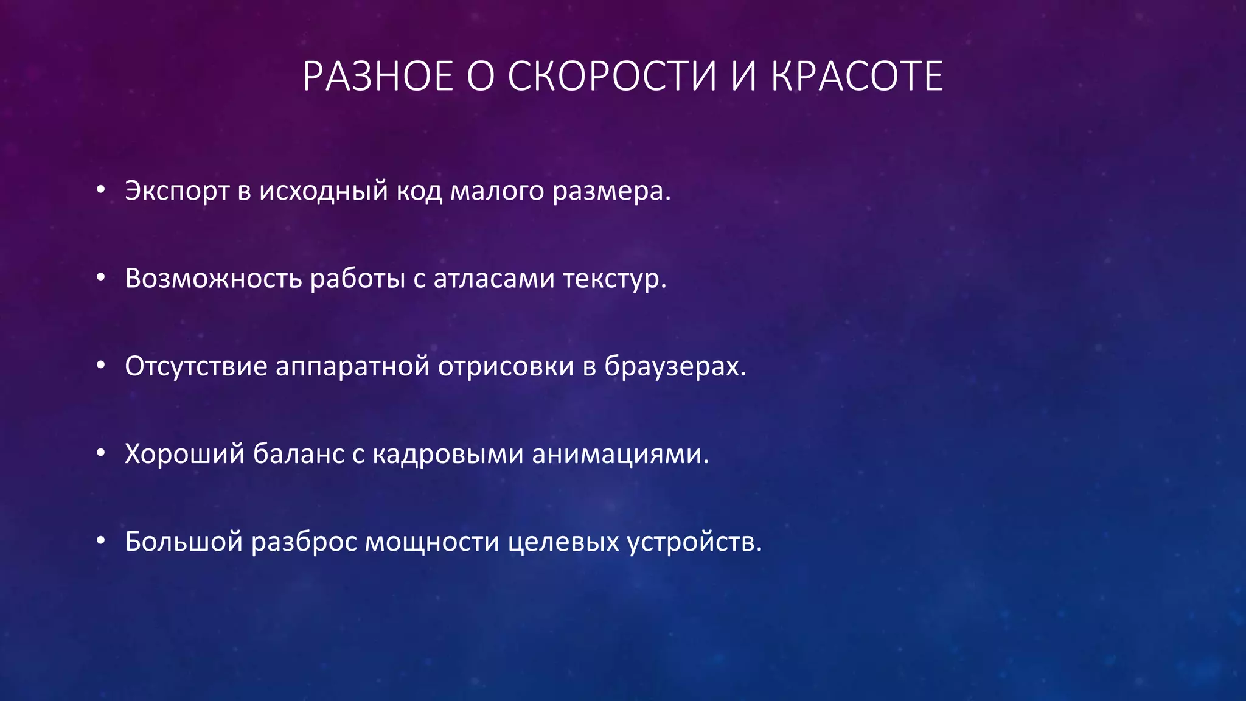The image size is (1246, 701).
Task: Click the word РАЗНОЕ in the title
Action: click(378, 77)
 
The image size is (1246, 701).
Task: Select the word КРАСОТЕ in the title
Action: click(857, 77)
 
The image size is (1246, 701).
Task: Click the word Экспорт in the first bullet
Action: click(177, 192)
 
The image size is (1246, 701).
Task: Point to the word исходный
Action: click(324, 192)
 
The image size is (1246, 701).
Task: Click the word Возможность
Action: click(214, 279)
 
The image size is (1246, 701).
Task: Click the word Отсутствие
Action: click(196, 367)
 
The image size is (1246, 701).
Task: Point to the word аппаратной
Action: click(353, 367)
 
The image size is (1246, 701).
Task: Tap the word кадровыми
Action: click(448, 455)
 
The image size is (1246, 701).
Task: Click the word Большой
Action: click(184, 542)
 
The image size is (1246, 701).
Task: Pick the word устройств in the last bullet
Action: click(691, 542)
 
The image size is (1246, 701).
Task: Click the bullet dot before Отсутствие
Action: click(101, 366)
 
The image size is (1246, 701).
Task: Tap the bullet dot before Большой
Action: click(101, 542)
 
